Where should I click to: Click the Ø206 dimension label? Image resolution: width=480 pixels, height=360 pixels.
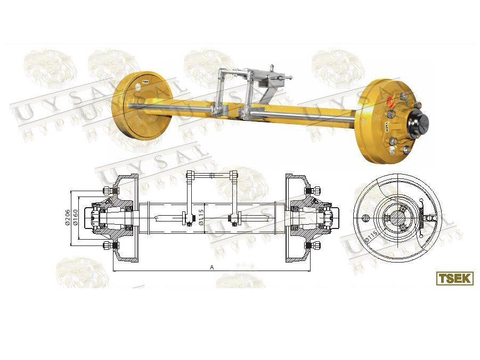[x=68, y=217]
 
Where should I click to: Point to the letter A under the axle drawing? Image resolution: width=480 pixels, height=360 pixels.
[x=211, y=267]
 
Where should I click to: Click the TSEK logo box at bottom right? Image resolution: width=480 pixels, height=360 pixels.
[x=454, y=278]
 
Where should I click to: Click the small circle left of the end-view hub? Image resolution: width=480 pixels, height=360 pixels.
[x=365, y=218]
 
